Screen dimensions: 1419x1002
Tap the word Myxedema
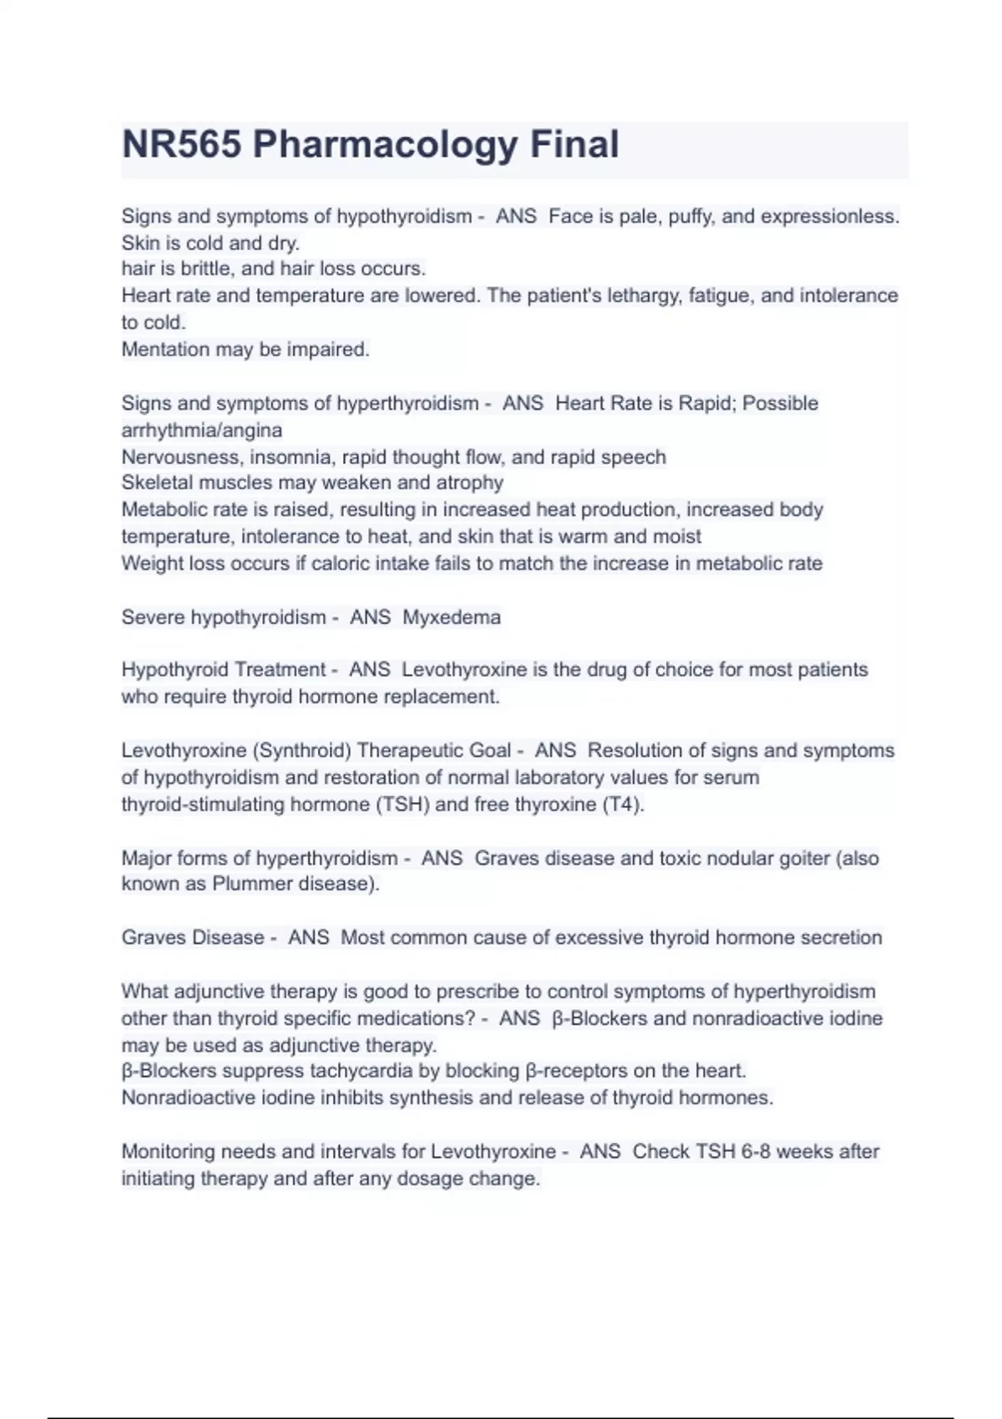[x=452, y=618]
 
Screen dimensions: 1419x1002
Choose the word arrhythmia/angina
[x=201, y=431]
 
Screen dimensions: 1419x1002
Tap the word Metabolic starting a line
[x=160, y=510]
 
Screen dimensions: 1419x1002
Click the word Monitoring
[x=169, y=1152]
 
